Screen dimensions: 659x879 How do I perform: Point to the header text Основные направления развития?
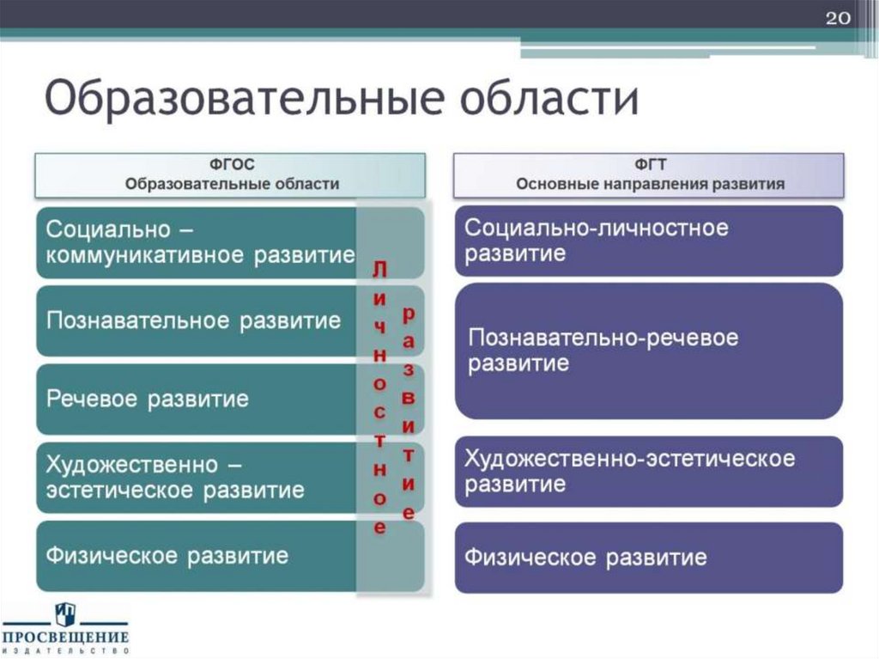click(650, 184)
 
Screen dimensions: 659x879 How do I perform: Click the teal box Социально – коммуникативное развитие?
click(197, 242)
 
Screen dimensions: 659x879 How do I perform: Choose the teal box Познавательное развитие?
click(194, 321)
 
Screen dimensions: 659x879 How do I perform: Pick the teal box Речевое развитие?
click(148, 399)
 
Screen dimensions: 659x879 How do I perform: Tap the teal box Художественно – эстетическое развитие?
click(176, 477)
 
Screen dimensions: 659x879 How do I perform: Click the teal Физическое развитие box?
click(167, 556)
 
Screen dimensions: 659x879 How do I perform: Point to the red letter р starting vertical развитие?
click(409, 314)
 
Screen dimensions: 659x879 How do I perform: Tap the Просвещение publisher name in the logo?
click(65, 637)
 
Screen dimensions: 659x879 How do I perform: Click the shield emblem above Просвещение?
click(65, 613)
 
